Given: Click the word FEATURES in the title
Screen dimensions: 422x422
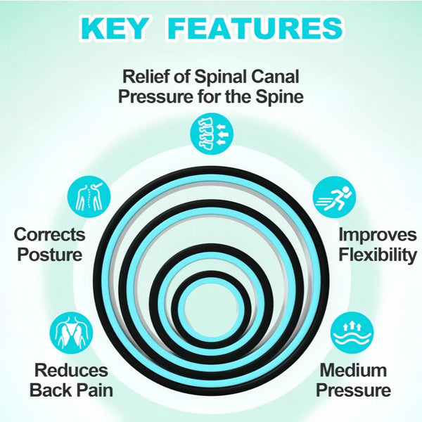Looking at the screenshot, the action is [x=256, y=29].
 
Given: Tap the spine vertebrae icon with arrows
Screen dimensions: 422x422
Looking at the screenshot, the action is [x=211, y=134].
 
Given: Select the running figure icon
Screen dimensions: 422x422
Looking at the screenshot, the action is [x=334, y=198].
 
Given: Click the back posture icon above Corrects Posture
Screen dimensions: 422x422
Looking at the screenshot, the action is [x=89, y=197].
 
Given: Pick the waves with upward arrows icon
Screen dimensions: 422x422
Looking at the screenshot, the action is [x=352, y=333].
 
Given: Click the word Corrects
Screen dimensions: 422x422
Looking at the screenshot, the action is [x=50, y=235].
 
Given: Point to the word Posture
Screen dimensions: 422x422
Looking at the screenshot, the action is [x=50, y=255].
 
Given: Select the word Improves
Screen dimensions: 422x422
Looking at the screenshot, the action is [x=378, y=235].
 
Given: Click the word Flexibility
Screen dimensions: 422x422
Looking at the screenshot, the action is [x=378, y=255].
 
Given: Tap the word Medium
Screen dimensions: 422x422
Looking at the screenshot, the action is [x=353, y=370].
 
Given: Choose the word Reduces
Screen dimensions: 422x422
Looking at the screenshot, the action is [x=71, y=370].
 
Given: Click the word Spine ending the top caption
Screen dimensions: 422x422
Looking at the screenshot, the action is [x=279, y=97].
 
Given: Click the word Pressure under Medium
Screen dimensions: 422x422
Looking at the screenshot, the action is [x=353, y=390].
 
